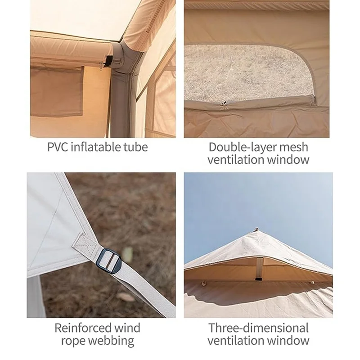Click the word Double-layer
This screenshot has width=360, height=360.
[x=241, y=148]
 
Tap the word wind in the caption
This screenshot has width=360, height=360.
[x=127, y=328]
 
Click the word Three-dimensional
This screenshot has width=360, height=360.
[x=258, y=328]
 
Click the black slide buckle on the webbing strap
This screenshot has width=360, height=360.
[x=109, y=260]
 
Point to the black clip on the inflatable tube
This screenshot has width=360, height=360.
[x=108, y=61]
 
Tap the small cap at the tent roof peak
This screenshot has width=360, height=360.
[x=256, y=229]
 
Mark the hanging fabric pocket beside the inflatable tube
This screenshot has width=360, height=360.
[x=57, y=91]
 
